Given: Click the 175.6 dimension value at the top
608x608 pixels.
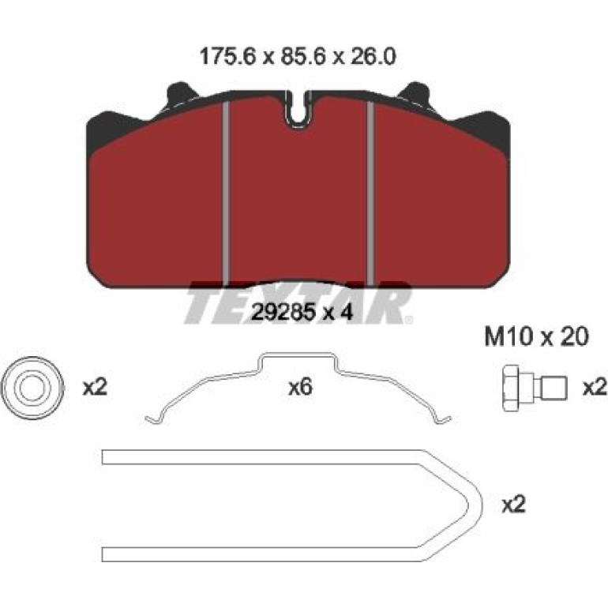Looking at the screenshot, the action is coord(228,57).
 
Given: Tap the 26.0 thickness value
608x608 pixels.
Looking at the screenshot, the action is coord(372,57).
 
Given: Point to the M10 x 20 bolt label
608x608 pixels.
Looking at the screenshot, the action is coord(537,336).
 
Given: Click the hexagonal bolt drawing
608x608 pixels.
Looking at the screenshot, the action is coord(535,388).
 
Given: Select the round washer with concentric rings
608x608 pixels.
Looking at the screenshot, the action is coord(32,388).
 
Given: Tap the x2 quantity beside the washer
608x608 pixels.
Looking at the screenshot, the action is coord(95,388).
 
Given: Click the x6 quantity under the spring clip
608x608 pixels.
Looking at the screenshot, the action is coord(301,388).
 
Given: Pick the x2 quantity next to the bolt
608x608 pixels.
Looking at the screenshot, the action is coord(595,388).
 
